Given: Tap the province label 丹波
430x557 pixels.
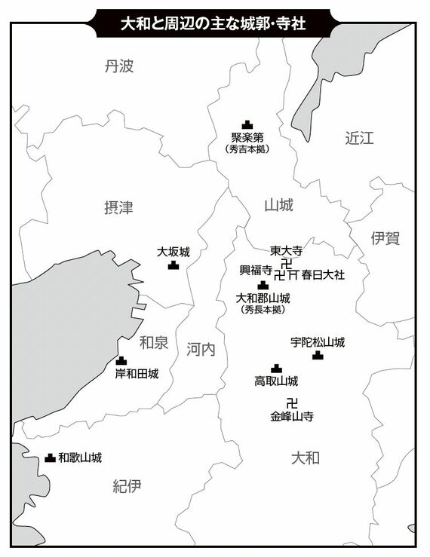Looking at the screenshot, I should click(x=120, y=66).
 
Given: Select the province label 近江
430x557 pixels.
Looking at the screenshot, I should click(x=359, y=138).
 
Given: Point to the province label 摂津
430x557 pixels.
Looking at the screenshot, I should click(x=118, y=207).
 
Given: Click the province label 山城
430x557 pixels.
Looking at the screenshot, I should click(x=279, y=205).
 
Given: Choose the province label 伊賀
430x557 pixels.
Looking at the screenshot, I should click(x=385, y=238).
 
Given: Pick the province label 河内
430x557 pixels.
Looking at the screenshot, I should click(x=201, y=348).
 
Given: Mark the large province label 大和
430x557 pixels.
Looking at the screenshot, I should click(x=306, y=458).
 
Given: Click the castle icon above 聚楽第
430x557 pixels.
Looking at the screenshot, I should click(x=247, y=124).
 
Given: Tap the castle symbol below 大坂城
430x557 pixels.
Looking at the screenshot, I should click(x=174, y=265).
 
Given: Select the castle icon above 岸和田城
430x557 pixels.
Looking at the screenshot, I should click(x=121, y=361).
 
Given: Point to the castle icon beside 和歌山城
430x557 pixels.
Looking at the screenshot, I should click(x=50, y=458).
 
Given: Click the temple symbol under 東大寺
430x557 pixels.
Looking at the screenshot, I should click(x=287, y=263).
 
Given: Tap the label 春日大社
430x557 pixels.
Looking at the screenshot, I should click(x=323, y=275).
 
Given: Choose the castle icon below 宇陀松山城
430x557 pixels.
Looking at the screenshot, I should click(x=318, y=355).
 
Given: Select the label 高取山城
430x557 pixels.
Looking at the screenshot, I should click(x=276, y=381).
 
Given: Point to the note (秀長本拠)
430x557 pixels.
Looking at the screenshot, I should click(x=263, y=309).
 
